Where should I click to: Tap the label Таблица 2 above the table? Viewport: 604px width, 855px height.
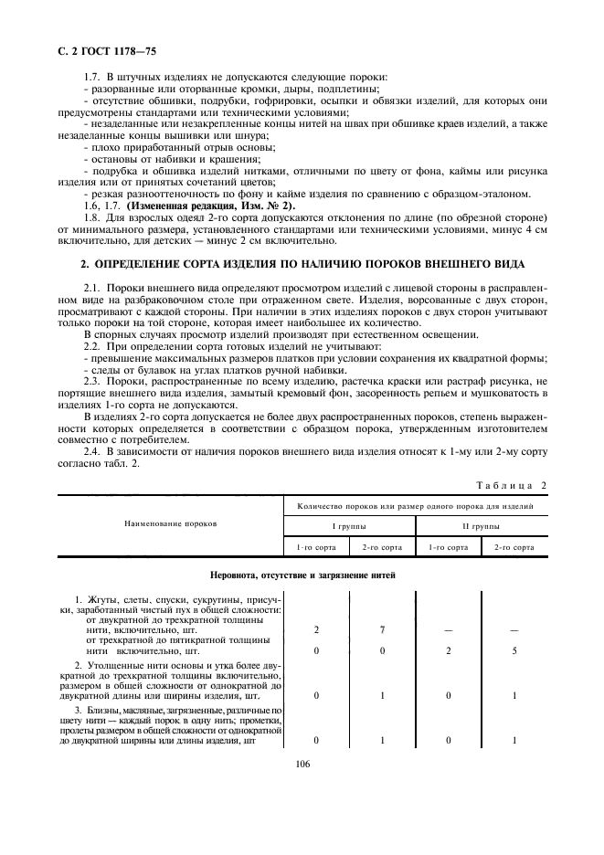tap(511, 485)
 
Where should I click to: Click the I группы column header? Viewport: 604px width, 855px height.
tap(349, 527)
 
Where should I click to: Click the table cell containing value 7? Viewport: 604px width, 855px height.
tap(381, 630)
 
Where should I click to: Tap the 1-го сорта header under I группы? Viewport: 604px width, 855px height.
tap(315, 546)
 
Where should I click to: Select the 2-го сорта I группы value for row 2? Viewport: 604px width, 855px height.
tap(381, 695)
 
